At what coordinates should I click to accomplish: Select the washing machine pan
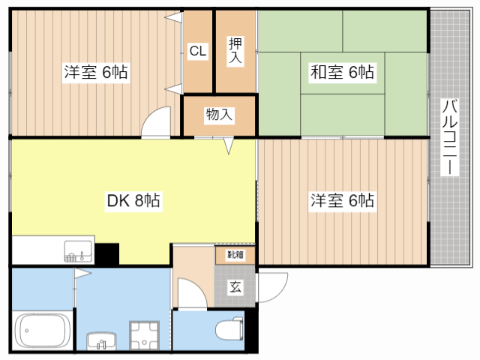click(145, 334)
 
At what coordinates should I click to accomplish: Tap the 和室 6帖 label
click(342, 73)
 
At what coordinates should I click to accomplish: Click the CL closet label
click(197, 51)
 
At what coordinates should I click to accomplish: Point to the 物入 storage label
click(219, 115)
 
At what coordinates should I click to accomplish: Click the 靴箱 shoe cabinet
click(235, 255)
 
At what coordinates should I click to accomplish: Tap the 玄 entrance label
click(235, 286)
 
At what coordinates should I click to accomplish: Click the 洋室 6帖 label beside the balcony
click(343, 201)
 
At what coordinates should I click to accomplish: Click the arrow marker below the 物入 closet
click(229, 146)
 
